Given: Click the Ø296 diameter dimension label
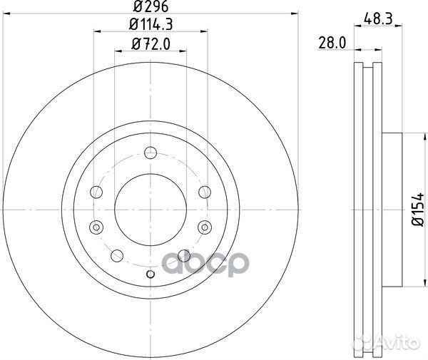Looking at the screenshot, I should coord(151,9).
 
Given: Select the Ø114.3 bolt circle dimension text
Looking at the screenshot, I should coord(151,26).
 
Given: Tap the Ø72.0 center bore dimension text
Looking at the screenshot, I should coord(151,44).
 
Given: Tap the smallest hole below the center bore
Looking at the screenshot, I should coord(150,274).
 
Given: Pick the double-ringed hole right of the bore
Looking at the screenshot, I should coord(205,227).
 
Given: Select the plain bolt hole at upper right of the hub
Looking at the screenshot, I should coord(205,191).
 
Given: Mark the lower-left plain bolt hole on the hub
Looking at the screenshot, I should coord(115,254).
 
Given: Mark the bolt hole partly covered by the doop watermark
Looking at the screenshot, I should coord(184,254).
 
